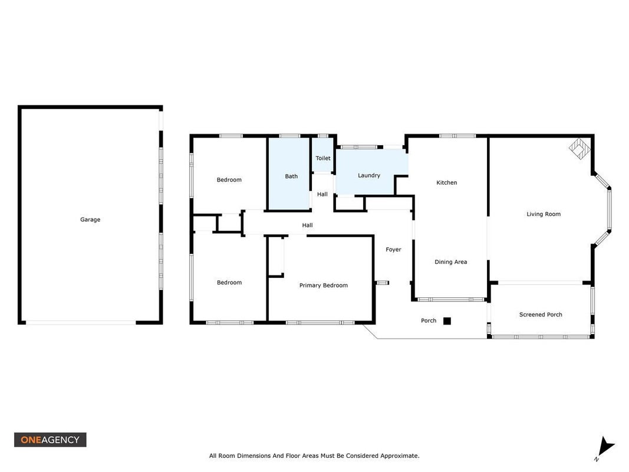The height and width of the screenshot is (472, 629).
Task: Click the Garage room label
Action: [90, 219]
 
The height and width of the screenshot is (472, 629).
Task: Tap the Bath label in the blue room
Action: [291, 176]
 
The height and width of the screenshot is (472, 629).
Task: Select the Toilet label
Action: [323, 158]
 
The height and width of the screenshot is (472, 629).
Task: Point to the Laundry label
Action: [369, 175]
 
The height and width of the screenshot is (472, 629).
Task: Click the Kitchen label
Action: [446, 183]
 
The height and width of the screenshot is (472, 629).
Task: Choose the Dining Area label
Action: [451, 262]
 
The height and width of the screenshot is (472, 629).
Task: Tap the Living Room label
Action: [544, 214]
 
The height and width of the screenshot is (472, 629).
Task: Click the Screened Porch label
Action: [541, 314]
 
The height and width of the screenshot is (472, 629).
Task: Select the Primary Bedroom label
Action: [323, 286]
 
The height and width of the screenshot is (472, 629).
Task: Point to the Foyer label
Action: [394, 250]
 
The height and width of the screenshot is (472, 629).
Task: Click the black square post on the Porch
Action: [447, 321]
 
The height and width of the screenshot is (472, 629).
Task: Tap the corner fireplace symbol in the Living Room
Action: [579, 149]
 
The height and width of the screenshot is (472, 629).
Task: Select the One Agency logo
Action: [50, 440]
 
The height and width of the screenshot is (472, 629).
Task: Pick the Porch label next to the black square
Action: [429, 321]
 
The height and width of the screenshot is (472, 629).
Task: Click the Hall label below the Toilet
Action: [322, 194]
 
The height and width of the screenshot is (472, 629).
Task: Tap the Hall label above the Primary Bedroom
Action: [307, 225]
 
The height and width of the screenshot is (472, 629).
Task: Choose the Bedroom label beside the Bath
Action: [229, 180]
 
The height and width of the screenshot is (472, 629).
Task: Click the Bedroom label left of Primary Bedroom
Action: [229, 283]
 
